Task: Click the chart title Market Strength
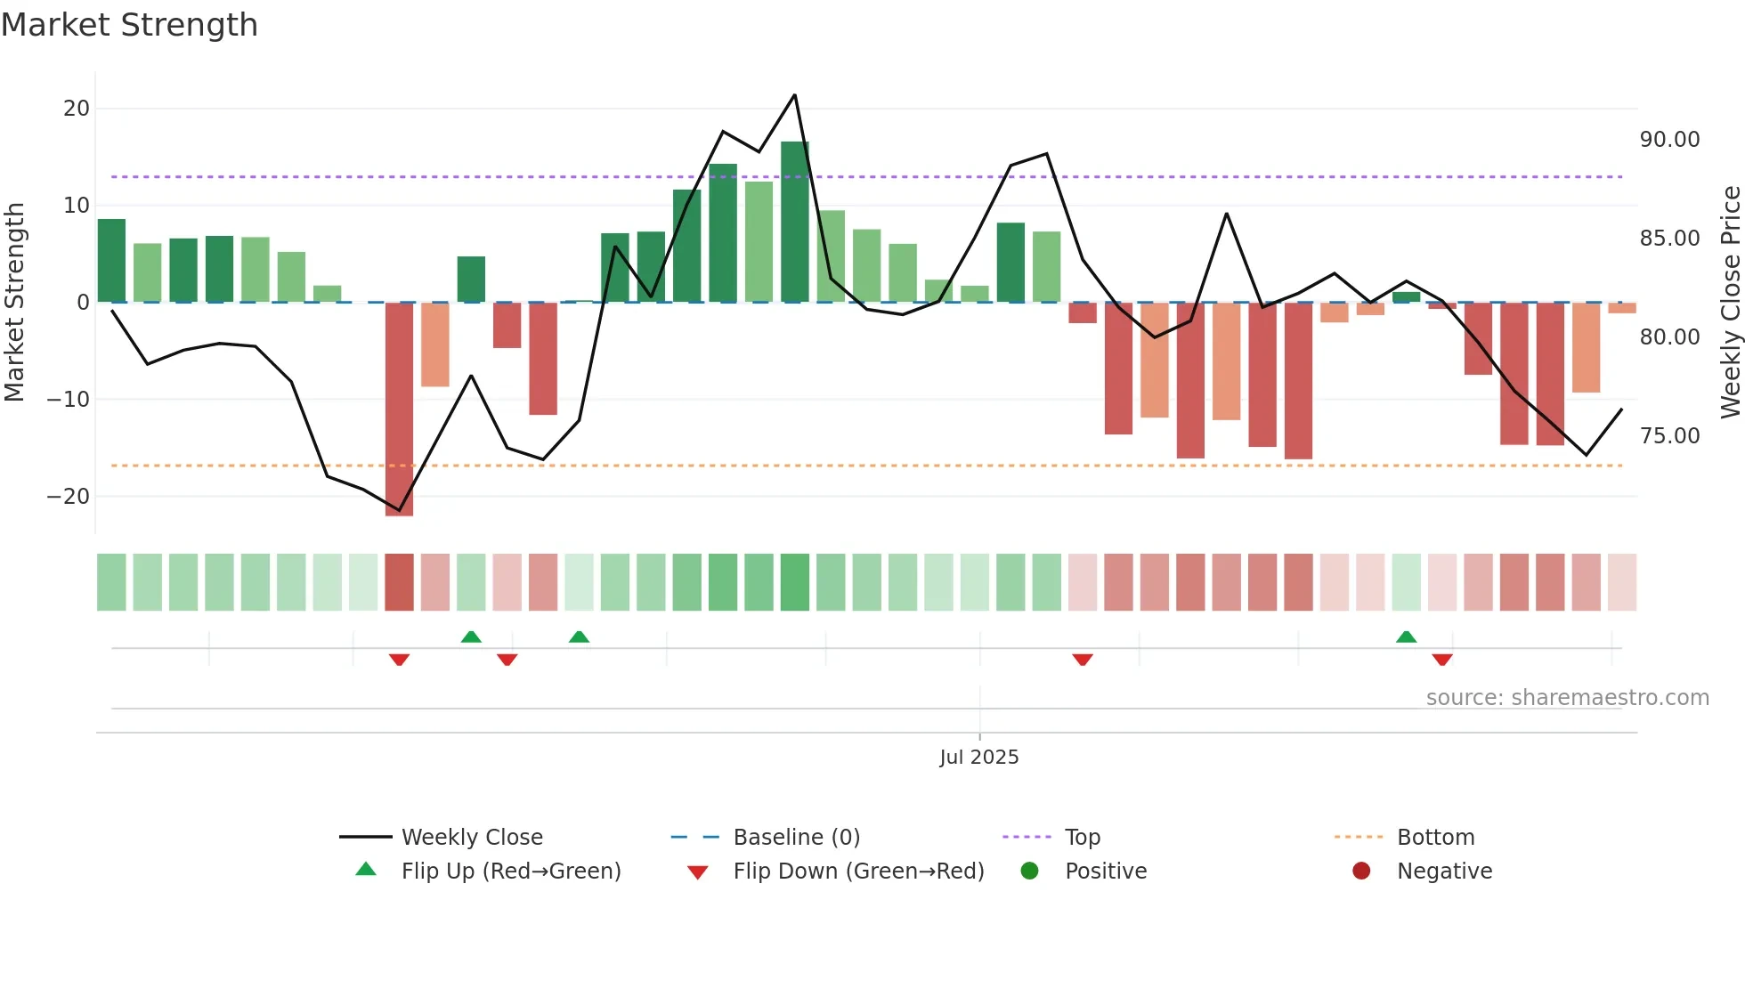point(129,25)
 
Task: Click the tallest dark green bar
point(795,223)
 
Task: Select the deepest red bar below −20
point(399,409)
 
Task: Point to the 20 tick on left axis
point(77,109)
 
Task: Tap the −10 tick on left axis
point(69,400)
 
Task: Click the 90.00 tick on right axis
point(1669,140)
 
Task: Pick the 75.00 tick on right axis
point(1669,436)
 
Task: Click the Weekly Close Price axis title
point(1730,303)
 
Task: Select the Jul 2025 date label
point(978,758)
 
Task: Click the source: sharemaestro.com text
point(1567,698)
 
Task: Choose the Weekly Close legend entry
point(471,838)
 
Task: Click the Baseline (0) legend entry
point(796,838)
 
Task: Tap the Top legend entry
point(1082,838)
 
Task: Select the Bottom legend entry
point(1435,838)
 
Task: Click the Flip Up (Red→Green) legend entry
point(510,872)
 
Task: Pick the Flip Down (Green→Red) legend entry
point(858,872)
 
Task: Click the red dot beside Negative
point(1361,872)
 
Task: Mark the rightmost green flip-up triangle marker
point(1406,637)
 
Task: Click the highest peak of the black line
point(794,95)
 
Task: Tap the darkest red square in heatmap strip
point(399,582)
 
